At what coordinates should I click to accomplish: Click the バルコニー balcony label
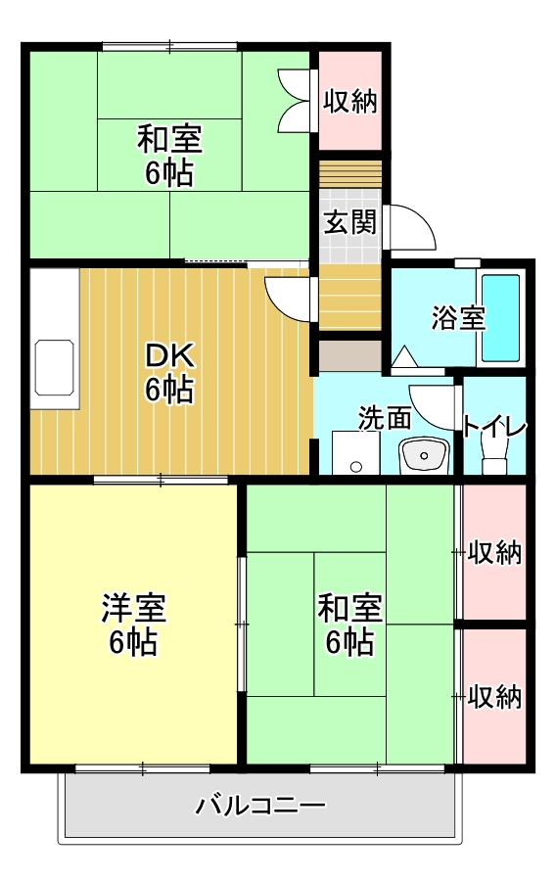click(x=260, y=807)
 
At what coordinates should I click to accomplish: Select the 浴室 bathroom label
click(x=458, y=318)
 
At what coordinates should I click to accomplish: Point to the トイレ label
click(x=495, y=427)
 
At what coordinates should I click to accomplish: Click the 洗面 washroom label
click(x=384, y=418)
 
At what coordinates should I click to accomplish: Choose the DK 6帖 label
click(x=170, y=372)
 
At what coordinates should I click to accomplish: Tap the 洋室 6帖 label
click(x=133, y=626)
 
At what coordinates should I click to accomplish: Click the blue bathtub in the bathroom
click(x=500, y=317)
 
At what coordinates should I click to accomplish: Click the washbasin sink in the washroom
click(x=423, y=455)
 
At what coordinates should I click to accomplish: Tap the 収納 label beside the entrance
click(x=350, y=101)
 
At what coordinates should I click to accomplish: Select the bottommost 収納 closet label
click(x=494, y=697)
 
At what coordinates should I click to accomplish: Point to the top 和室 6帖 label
click(x=169, y=157)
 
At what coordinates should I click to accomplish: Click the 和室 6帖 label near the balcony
click(x=349, y=626)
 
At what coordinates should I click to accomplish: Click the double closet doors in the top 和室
click(x=294, y=100)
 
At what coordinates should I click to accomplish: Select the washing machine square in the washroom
click(x=354, y=453)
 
